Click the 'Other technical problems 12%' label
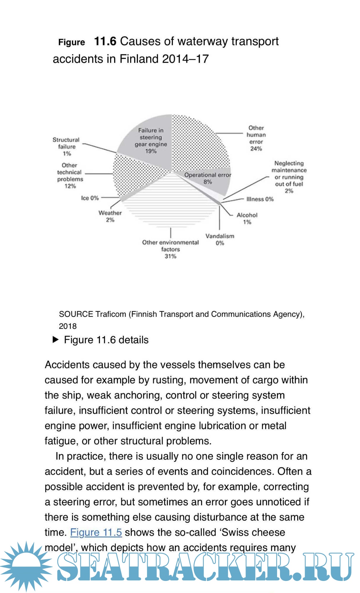(x=70, y=176)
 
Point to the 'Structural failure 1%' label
(x=66, y=146)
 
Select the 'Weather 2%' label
(x=110, y=216)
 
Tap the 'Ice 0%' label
(x=90, y=198)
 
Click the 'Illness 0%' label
(x=260, y=199)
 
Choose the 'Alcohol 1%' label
(x=247, y=219)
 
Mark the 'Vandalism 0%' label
(x=220, y=239)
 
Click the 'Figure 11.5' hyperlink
(x=96, y=532)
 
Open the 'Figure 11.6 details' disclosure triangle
(x=56, y=340)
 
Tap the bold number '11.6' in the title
(x=105, y=41)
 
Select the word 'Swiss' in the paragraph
(x=237, y=532)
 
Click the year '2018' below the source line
(x=68, y=326)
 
